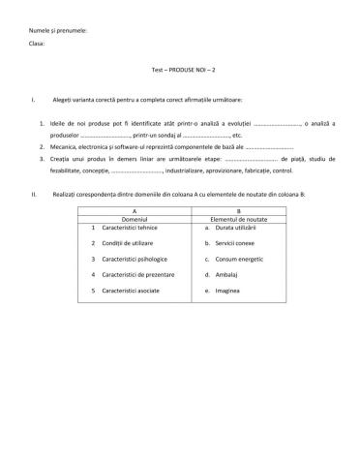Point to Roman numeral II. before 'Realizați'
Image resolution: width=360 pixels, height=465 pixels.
pyautogui.click(x=34, y=195)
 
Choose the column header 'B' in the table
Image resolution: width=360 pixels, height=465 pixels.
pyautogui.click(x=239, y=210)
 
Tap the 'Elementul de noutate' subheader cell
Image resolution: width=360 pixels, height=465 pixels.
pyautogui.click(x=239, y=219)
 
